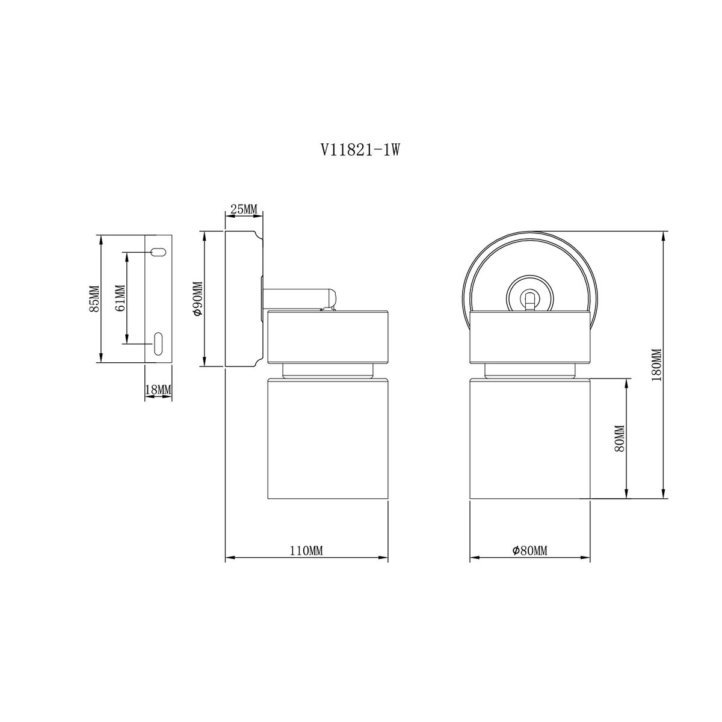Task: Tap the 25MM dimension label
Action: coord(244,209)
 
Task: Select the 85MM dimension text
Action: coord(94,298)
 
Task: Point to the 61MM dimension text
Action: coord(120,298)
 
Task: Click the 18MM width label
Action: coord(158,390)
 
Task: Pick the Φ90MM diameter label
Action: coord(197,298)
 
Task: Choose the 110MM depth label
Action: coord(306,551)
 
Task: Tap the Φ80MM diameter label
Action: coord(530,551)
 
